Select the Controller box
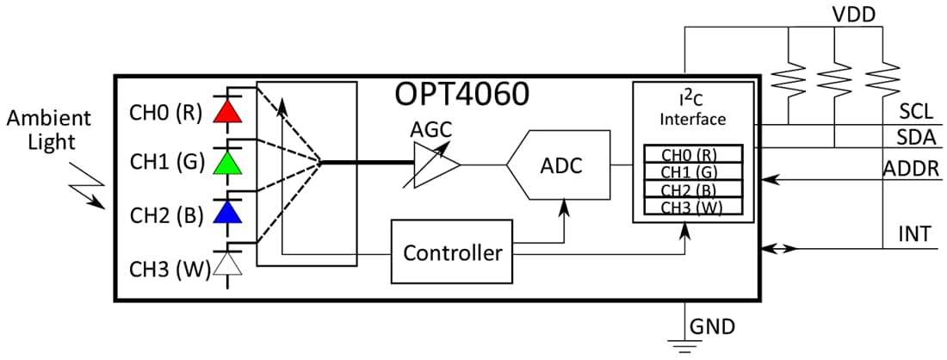452,252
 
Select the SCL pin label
916,112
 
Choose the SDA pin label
916,138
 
